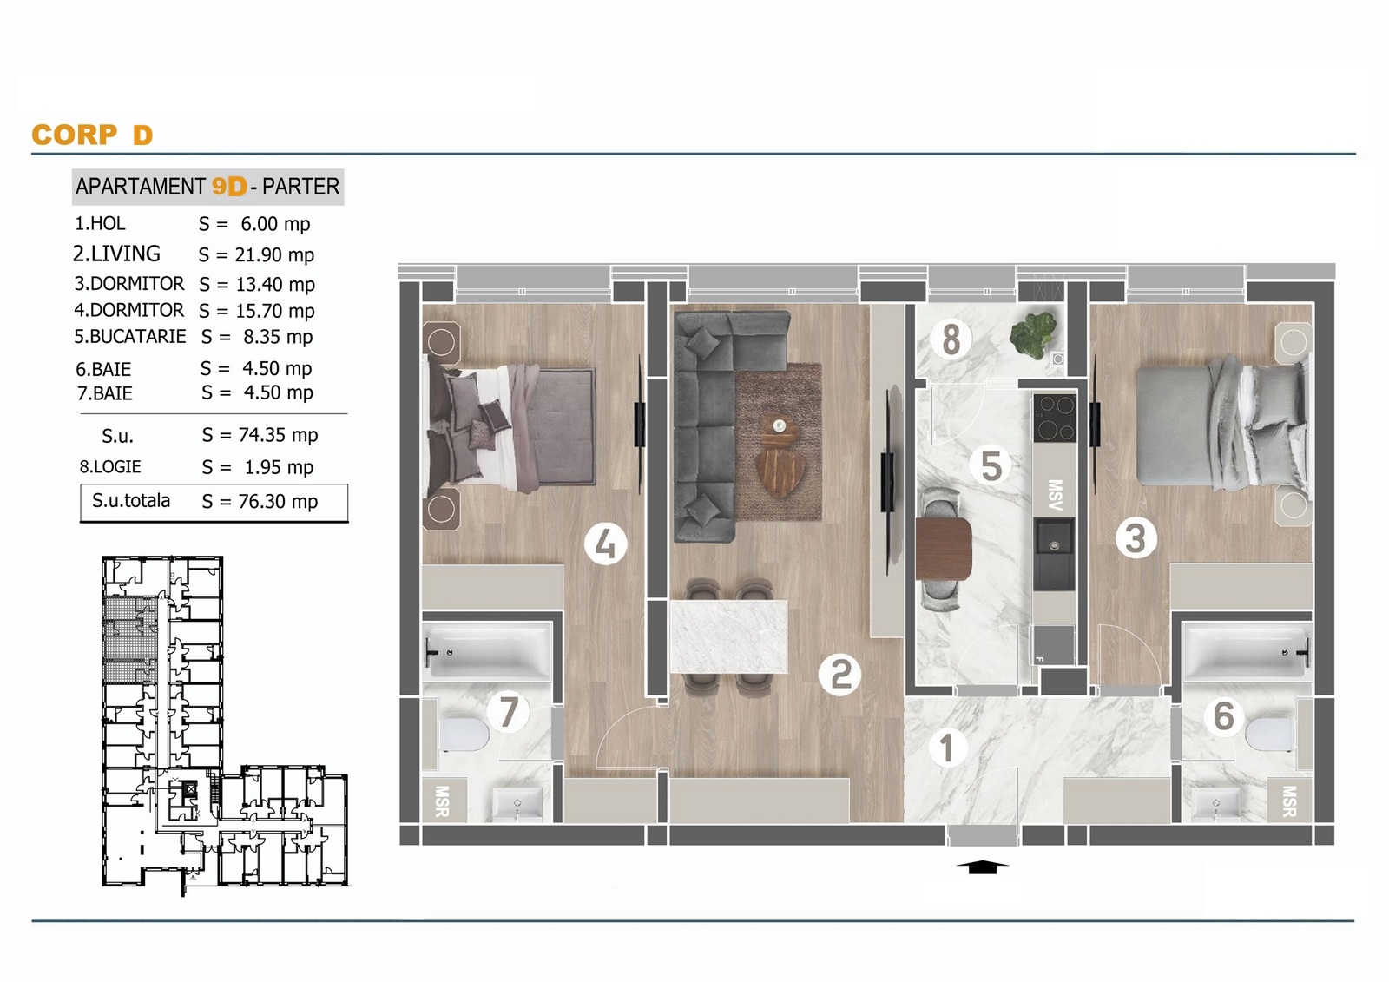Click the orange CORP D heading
(x=92, y=135)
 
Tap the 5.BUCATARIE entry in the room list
(x=130, y=336)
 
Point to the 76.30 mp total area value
(x=278, y=501)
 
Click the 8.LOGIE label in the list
(x=110, y=466)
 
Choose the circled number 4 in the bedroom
(x=605, y=544)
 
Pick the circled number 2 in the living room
(x=839, y=675)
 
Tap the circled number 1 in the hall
(x=947, y=748)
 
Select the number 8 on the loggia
(x=951, y=340)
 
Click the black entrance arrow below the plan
(x=982, y=867)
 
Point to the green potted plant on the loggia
(x=1033, y=335)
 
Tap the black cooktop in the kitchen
(x=1055, y=417)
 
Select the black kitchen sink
(x=1054, y=555)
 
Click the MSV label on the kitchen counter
(x=1055, y=494)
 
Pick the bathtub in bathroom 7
(x=487, y=650)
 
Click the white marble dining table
(x=729, y=636)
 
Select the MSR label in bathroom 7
(x=442, y=801)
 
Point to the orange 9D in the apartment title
(x=229, y=186)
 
